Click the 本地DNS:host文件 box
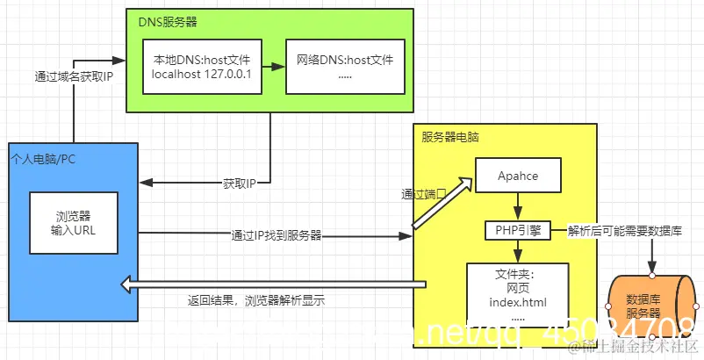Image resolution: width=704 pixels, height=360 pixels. (202, 67)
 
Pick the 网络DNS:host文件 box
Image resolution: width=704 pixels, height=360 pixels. (345, 67)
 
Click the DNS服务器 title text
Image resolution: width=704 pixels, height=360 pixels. (167, 20)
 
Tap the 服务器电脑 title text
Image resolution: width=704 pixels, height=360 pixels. (450, 137)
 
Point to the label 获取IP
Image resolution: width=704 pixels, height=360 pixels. (239, 184)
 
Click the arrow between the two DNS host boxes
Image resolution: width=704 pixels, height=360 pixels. (272, 67)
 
